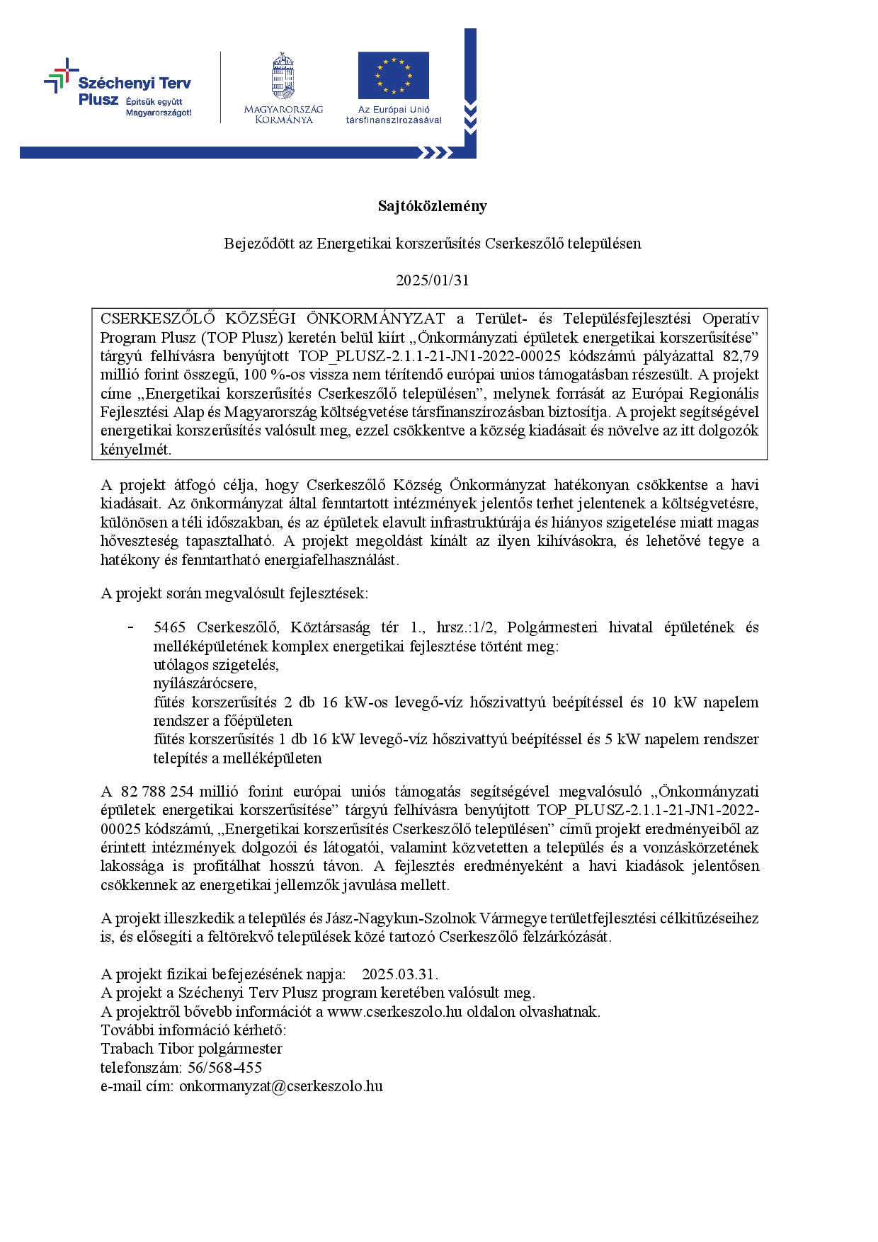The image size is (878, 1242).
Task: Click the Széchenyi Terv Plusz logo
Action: pyautogui.click(x=118, y=89)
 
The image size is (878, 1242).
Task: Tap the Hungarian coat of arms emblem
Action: pyautogui.click(x=283, y=76)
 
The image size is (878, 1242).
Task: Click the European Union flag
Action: pyautogui.click(x=393, y=75)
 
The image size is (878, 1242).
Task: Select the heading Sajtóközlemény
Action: pyautogui.click(x=432, y=206)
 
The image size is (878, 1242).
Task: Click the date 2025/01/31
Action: pyautogui.click(x=432, y=280)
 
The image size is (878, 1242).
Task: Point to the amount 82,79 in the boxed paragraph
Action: pyautogui.click(x=741, y=356)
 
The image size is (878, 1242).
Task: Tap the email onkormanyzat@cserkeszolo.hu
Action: pyautogui.click(x=280, y=1086)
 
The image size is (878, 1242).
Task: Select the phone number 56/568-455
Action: pyautogui.click(x=224, y=1068)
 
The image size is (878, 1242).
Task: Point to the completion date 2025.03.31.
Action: pyautogui.click(x=399, y=974)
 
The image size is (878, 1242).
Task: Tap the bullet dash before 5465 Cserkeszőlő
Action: pyautogui.click(x=130, y=627)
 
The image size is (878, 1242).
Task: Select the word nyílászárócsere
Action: pyautogui.click(x=205, y=683)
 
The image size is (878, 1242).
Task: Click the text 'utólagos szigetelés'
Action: pyautogui.click(x=216, y=665)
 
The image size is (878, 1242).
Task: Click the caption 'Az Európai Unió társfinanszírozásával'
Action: pyautogui.click(x=394, y=115)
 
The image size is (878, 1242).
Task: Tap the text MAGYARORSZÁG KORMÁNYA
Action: pyautogui.click(x=283, y=114)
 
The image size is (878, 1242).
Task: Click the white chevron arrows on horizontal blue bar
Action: pyautogui.click(x=435, y=152)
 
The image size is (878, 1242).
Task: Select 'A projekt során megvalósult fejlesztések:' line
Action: pyautogui.click(x=234, y=593)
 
